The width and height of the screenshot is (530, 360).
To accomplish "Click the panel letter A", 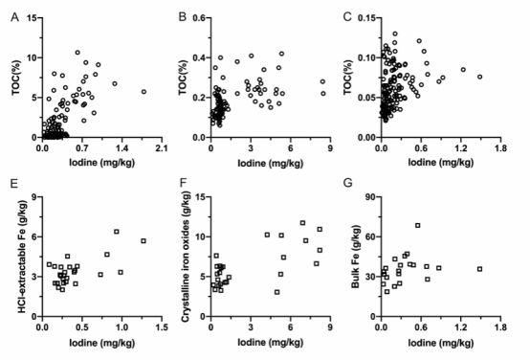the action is [x=14, y=17].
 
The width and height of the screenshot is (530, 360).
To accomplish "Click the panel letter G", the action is [x=347, y=183].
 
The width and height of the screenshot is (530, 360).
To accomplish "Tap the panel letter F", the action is [x=183, y=183].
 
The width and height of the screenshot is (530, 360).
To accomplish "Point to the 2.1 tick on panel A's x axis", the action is [x=162, y=147].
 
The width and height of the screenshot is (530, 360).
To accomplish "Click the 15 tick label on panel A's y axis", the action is [x=33, y=17].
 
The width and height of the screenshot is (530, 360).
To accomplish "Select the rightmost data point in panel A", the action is [x=144, y=92].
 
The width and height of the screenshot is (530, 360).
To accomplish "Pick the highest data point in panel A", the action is [x=77, y=53].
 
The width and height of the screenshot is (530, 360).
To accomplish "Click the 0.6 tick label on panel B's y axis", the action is [x=199, y=17].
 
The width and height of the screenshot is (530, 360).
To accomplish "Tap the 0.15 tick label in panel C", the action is [x=366, y=17].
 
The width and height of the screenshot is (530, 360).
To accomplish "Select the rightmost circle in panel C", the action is [x=479, y=77].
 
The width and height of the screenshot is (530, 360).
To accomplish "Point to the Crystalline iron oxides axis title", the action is [x=186, y=258].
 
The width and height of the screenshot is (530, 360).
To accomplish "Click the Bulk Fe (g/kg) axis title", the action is [x=356, y=257].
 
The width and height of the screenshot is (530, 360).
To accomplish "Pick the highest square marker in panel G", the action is [x=418, y=225].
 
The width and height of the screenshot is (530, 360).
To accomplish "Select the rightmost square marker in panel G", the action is [x=479, y=269].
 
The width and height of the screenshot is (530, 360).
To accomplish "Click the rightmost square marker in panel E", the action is [x=144, y=241].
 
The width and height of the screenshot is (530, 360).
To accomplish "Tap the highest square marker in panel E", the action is [x=117, y=232].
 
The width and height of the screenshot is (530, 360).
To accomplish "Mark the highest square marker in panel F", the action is [x=302, y=223].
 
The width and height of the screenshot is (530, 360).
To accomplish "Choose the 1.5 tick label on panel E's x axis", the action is [x=162, y=327].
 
